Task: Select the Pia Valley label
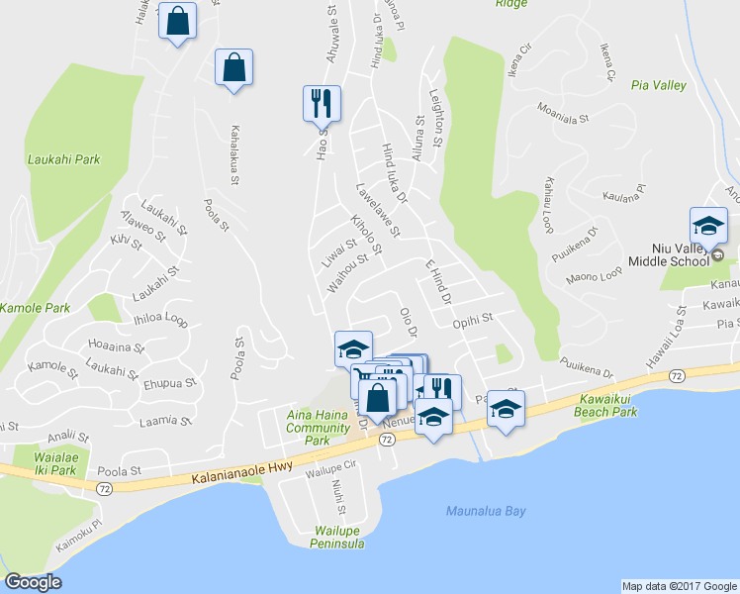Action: point(659,86)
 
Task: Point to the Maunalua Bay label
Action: point(486,511)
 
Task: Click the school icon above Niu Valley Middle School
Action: point(708,226)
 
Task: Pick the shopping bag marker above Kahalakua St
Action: point(233,67)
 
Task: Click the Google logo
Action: point(33,583)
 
